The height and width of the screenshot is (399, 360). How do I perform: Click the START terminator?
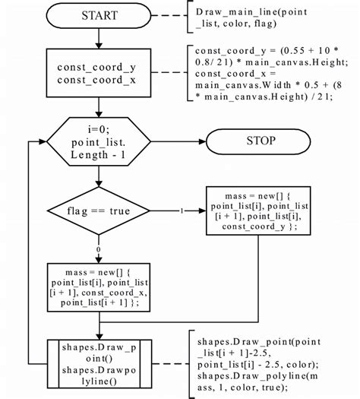98,15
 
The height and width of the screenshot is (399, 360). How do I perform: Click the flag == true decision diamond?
98,211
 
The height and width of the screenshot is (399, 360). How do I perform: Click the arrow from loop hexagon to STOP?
181,141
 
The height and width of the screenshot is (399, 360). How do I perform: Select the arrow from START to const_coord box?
98,37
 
